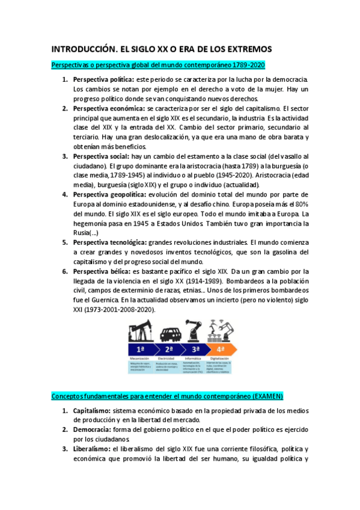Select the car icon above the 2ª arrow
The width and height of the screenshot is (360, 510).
[x=170, y=334]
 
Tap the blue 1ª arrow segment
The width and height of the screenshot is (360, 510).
[x=141, y=349]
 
